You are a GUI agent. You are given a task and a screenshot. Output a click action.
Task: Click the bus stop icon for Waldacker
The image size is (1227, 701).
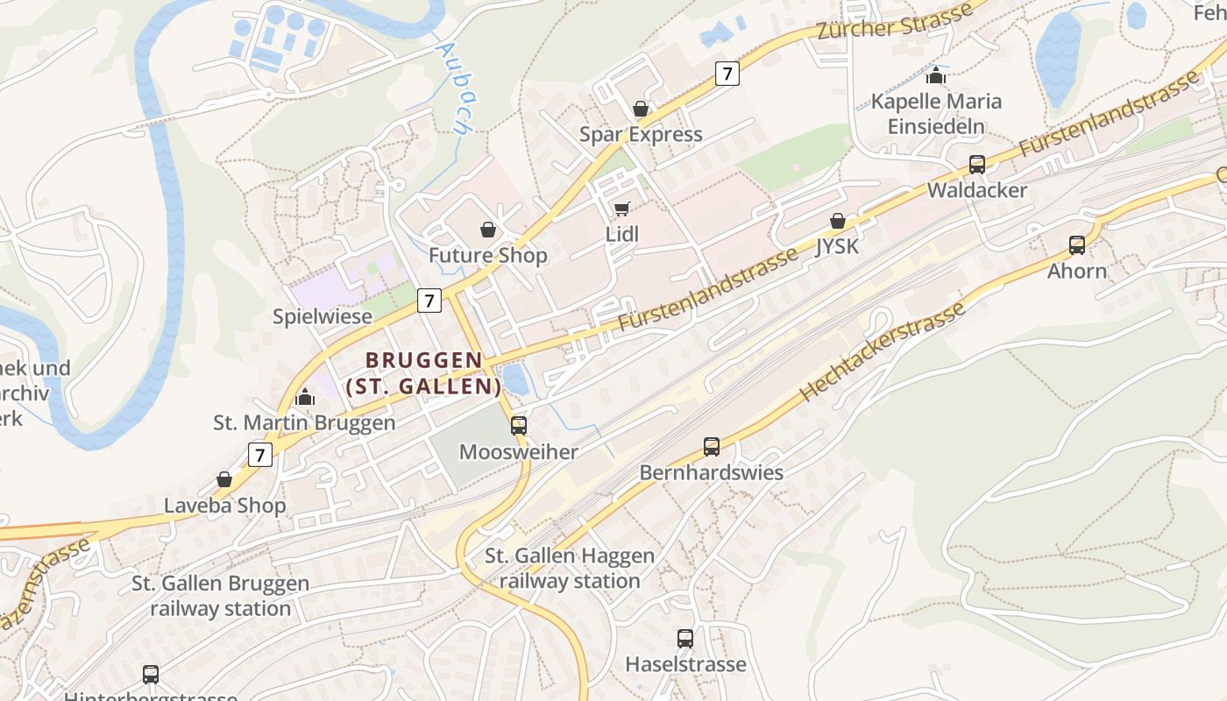[x=976, y=165]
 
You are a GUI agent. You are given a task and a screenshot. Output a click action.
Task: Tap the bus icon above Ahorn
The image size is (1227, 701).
[x=1076, y=245]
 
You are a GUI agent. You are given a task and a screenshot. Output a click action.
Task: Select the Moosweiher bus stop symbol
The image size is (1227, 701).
[x=519, y=426]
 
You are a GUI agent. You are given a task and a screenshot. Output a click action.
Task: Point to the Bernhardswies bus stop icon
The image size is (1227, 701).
[x=711, y=447]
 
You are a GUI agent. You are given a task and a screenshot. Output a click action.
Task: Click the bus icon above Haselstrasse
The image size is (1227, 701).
[x=685, y=639]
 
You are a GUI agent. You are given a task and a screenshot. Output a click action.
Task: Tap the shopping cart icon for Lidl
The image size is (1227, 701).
[x=621, y=209]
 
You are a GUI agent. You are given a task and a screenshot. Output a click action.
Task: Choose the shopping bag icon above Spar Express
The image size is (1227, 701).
[x=641, y=109]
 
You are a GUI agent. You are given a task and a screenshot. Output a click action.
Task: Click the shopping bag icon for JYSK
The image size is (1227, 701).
[x=838, y=221]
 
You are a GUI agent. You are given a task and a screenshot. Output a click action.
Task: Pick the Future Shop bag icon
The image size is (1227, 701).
[x=488, y=230]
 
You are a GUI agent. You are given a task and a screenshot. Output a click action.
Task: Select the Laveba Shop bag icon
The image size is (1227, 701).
[x=224, y=479]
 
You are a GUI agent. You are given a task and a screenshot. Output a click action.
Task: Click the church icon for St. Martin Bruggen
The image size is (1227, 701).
[x=305, y=397]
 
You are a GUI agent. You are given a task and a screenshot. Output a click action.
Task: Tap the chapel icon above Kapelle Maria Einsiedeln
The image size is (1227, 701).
[x=936, y=75]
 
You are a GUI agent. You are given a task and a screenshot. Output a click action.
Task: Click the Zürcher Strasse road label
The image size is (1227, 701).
[x=894, y=21]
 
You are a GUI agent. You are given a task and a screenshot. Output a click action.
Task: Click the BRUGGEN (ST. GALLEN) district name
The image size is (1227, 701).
[x=424, y=373]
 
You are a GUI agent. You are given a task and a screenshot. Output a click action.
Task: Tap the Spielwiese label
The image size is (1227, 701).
[x=323, y=316]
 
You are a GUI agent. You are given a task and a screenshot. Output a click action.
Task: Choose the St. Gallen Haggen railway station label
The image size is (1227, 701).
[x=570, y=568]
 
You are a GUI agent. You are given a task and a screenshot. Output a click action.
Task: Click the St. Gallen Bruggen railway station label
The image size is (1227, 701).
[x=220, y=596]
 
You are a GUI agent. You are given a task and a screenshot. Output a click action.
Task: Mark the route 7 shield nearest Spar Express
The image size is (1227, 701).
[x=727, y=74]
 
